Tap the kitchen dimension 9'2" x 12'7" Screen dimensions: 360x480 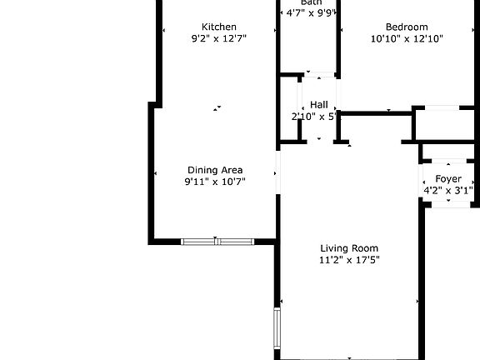point(219,38)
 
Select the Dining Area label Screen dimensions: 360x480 point(215,170)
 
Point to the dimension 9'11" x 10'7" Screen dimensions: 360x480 point(215,182)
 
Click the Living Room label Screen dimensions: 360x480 point(349,248)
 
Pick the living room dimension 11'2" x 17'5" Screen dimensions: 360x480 point(349,260)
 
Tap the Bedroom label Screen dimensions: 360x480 point(407,27)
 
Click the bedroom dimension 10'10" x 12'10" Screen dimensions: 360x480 point(407,38)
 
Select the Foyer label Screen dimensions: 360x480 point(448,179)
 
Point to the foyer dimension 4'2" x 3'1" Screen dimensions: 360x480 point(448,191)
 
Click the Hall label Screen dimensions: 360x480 point(318,105)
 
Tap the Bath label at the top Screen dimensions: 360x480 point(312,2)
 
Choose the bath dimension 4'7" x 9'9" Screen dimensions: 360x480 point(311,13)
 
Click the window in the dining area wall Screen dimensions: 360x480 point(217,242)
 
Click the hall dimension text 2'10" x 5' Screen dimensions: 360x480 point(313,117)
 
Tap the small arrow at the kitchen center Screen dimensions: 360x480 point(217,107)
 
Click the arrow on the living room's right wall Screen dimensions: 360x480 point(417,302)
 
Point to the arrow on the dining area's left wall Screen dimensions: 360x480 point(156,172)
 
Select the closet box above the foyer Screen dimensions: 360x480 point(447,125)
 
